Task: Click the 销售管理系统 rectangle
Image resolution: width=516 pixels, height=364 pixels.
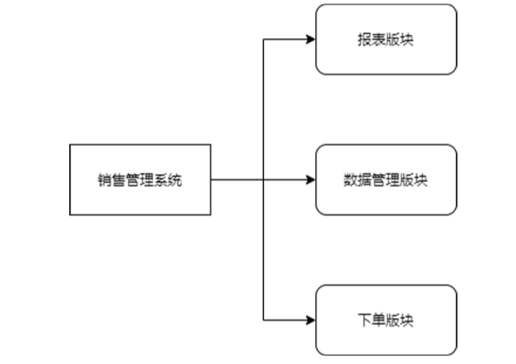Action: pos(140,179)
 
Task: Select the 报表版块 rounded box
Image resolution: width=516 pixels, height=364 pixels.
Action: pos(386,40)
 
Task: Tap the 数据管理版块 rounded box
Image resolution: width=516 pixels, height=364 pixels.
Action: pos(386,179)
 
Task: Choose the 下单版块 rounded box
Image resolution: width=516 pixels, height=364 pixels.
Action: pos(386,320)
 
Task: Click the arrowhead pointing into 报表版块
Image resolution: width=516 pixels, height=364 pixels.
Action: pos(311,40)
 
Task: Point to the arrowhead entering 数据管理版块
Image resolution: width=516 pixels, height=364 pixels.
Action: pos(311,179)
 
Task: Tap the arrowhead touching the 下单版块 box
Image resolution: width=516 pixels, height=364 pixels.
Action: pos(311,320)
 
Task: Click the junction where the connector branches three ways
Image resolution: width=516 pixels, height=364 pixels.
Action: pos(265,179)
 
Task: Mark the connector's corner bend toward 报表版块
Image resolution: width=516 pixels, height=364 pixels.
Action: pos(265,40)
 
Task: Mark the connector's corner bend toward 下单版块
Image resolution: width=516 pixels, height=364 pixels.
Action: pos(265,320)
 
